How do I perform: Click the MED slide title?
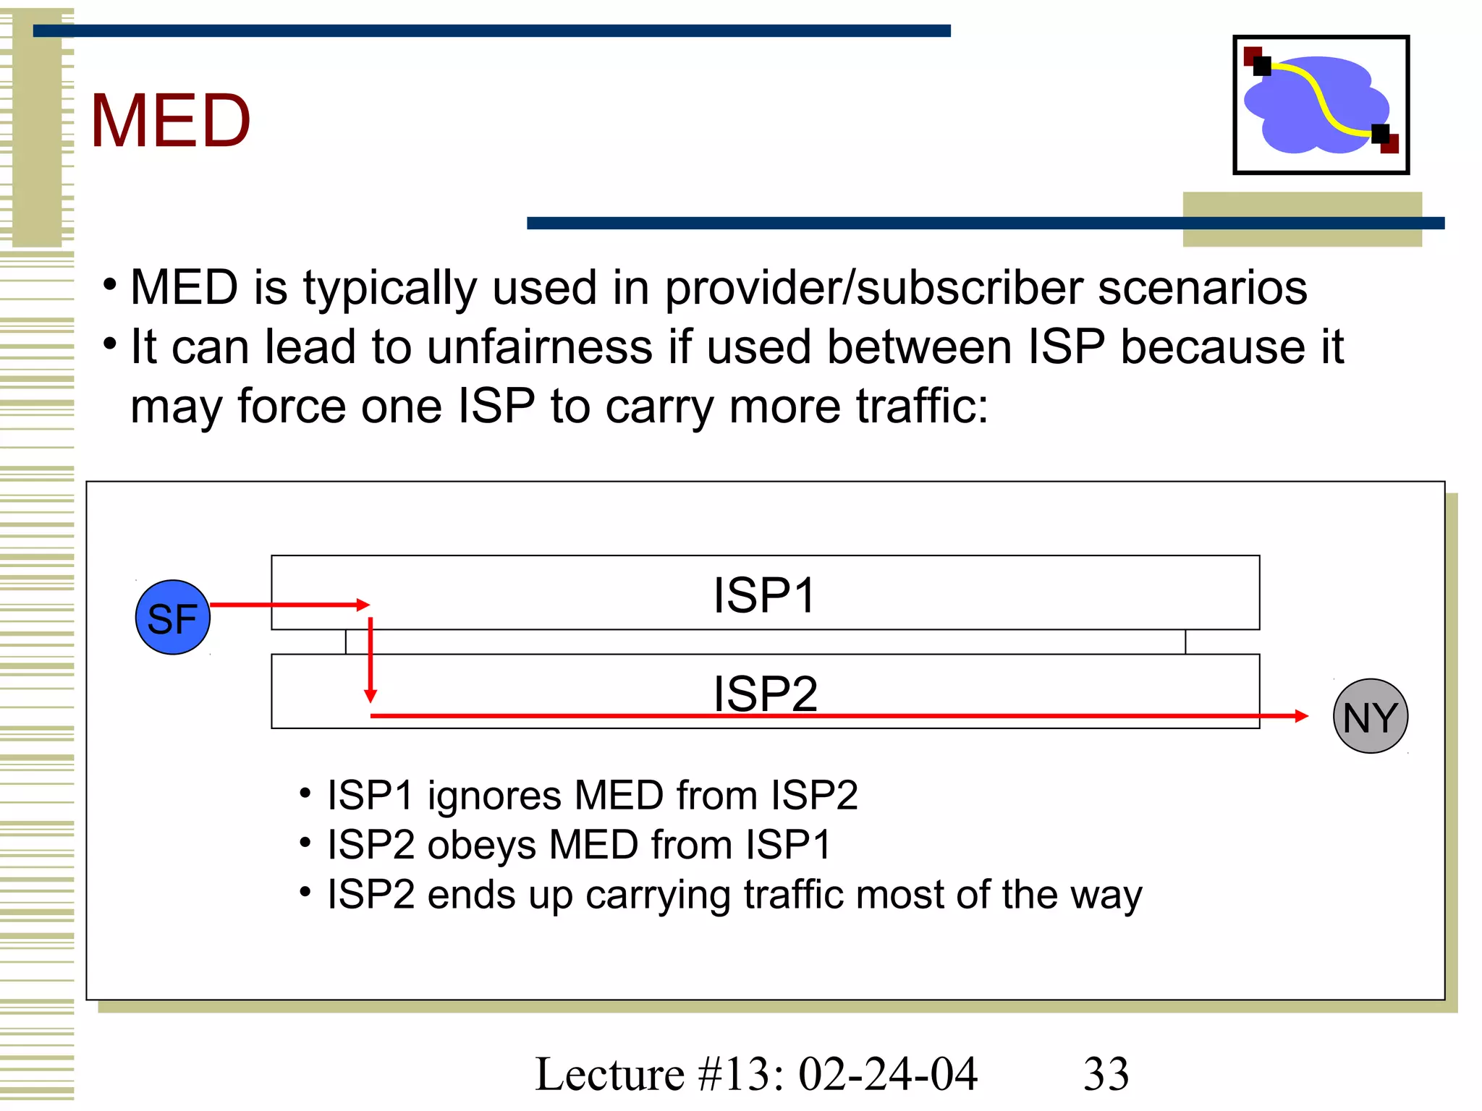click(x=171, y=121)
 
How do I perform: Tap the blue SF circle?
click(x=173, y=618)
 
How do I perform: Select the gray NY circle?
click(x=1371, y=716)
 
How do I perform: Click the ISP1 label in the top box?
click(x=765, y=595)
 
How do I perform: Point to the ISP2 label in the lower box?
click(x=765, y=693)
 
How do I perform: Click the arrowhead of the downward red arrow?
click(x=370, y=697)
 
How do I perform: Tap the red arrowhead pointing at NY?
click(x=1302, y=716)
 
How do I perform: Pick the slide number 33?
click(x=1106, y=1073)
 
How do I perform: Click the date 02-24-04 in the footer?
click(x=888, y=1073)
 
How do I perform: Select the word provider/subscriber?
click(x=874, y=288)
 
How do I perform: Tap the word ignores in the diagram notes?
click(x=495, y=796)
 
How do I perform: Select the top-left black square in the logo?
click(x=1262, y=67)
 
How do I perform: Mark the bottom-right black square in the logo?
click(x=1381, y=134)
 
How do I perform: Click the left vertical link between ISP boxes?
click(x=346, y=642)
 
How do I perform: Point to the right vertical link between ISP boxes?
click(x=1185, y=642)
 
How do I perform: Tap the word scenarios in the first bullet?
click(x=1203, y=288)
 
